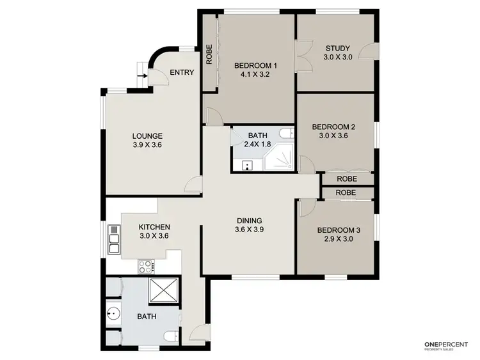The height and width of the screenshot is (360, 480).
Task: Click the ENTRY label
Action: pyautogui.click(x=181, y=73)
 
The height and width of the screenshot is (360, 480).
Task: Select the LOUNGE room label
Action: pyautogui.click(x=147, y=136)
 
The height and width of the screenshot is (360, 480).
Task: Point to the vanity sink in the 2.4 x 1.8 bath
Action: pyautogui.click(x=246, y=166)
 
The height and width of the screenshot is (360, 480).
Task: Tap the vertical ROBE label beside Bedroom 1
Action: pyautogui.click(x=209, y=56)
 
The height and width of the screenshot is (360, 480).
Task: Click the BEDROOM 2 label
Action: pyautogui.click(x=337, y=127)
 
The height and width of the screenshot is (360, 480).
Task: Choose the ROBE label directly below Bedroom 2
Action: pyautogui.click(x=346, y=179)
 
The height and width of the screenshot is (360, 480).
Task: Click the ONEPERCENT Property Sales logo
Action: pyautogui.click(x=447, y=347)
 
